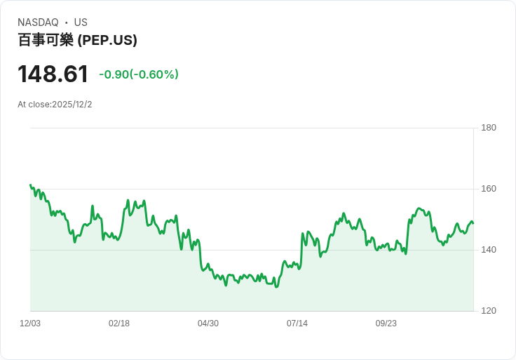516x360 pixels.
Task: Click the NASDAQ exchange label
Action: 38,22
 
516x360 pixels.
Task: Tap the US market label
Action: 81,22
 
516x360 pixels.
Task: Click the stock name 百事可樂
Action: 46,40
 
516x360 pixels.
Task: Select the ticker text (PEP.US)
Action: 107,40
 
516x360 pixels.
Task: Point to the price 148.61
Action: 53,74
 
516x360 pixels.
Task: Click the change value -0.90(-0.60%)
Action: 139,74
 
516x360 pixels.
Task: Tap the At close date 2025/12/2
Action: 72,105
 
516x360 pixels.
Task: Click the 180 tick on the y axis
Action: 489,128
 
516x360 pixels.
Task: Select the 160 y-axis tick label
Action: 489,189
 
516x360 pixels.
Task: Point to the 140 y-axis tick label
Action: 489,250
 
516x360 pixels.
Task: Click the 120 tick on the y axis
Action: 489,311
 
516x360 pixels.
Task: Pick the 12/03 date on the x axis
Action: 30,324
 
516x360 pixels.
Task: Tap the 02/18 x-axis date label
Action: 119,324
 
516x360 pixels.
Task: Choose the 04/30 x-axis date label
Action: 208,324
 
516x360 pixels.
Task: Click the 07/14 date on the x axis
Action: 297,324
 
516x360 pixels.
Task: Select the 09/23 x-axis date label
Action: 386,324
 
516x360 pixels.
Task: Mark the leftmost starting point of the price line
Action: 30,185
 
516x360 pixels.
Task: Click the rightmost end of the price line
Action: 473,223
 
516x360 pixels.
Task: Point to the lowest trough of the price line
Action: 276,287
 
